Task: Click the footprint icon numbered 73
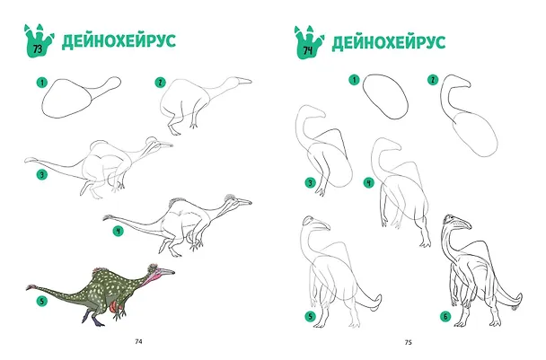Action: pos(39,41)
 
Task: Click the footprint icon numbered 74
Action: pos(309,42)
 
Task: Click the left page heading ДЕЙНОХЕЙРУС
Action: pos(119,41)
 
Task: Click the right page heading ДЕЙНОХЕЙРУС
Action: pos(389,42)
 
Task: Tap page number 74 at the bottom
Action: pos(138,342)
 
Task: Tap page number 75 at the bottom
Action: pos(409,342)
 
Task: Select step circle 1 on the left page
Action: pos(42,83)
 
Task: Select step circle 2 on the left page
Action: pos(160,83)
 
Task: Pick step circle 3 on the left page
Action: pos(42,174)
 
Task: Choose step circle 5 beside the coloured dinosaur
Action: pos(42,301)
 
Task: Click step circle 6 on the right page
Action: pos(445,317)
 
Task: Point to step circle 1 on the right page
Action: pos(354,80)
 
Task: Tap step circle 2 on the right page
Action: pos(433,80)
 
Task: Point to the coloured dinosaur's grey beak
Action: pos(166,271)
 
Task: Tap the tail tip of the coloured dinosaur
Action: pos(31,287)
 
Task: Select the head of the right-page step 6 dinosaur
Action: pos(456,222)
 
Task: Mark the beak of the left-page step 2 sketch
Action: pos(243,81)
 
